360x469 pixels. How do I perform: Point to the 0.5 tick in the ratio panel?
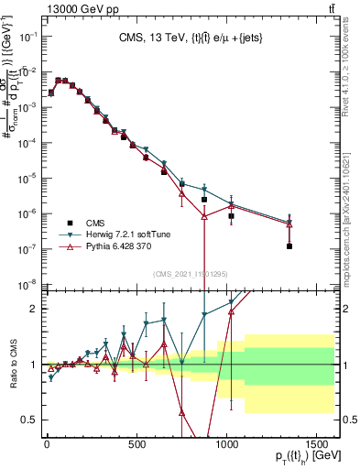29,420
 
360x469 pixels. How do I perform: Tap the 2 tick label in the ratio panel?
33,309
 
